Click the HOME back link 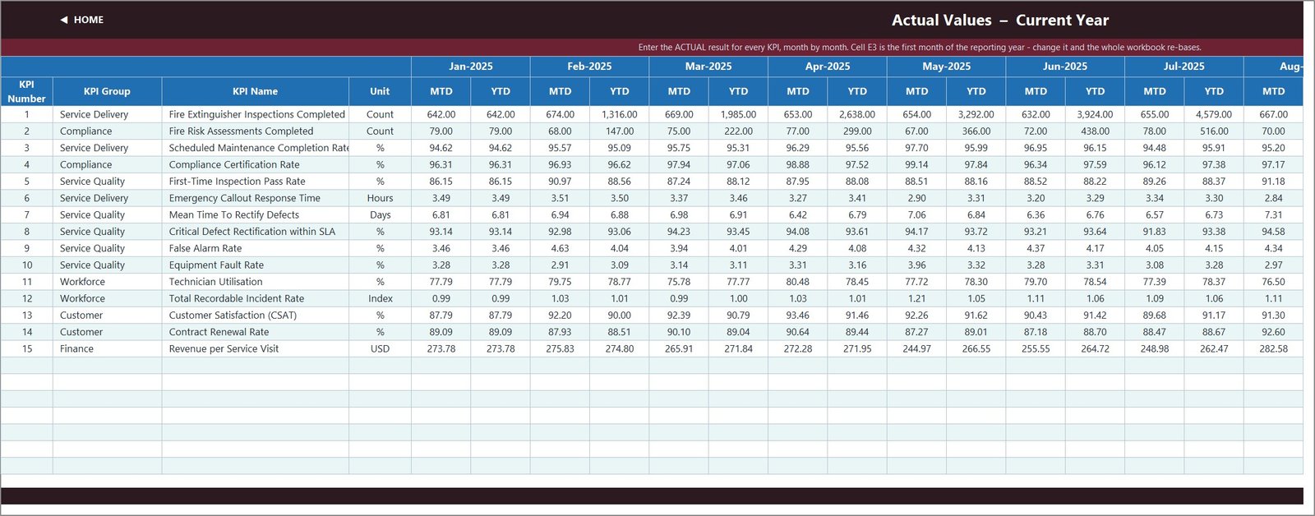81,20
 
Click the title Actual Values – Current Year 999,20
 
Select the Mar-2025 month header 708,67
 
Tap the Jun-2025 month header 1065,67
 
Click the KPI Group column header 107,91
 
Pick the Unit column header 379,91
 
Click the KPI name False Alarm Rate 205,248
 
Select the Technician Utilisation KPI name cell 215,282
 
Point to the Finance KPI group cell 76,348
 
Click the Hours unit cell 380,198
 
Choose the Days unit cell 380,214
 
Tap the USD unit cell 380,348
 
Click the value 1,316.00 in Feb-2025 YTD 620,114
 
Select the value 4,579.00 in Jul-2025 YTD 1213,114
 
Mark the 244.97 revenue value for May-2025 916,348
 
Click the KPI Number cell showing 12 26,299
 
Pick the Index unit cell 380,299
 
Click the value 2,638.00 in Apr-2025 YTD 857,114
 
